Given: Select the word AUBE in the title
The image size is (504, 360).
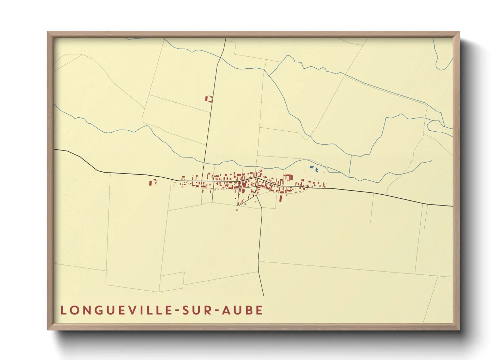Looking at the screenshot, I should point(242,310).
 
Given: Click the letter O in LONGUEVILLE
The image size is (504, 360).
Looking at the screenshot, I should point(73,310).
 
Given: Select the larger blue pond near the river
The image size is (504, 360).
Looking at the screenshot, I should point(311,167).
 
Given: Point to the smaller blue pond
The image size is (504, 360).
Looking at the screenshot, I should point(317,170).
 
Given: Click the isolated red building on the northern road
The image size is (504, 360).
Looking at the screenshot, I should point(208,99).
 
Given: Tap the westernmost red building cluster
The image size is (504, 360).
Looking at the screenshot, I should point(151,182).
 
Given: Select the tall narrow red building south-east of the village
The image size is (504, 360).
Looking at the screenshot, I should point(281,198).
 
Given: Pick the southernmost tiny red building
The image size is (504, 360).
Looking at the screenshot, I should point(237,210).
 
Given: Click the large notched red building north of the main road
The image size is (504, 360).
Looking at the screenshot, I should point(288,177).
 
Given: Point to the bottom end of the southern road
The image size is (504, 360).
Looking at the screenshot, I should point(264,295).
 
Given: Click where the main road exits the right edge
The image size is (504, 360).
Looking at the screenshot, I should point(452,206).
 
